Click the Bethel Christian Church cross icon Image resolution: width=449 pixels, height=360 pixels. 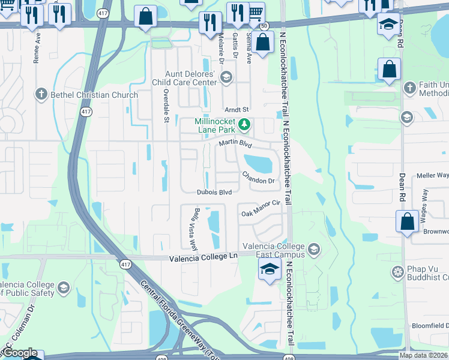click(x=41, y=94)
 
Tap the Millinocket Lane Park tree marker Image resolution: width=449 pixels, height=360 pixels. click(x=244, y=125)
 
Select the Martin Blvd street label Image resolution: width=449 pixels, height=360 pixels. click(x=235, y=143)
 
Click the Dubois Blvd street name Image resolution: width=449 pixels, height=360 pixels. click(x=214, y=193)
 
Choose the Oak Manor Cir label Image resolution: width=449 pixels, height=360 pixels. click(x=261, y=210)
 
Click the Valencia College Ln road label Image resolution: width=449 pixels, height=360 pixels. click(x=203, y=257)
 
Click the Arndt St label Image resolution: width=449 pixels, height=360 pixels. click(x=237, y=110)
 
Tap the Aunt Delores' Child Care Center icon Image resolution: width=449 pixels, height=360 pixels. click(x=226, y=76)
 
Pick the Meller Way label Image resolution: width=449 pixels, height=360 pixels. click(x=433, y=175)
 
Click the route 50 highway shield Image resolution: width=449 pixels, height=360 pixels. click(x=264, y=26)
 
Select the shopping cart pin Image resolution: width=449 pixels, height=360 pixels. click(x=256, y=11)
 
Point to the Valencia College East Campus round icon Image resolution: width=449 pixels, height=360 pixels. click(x=313, y=249)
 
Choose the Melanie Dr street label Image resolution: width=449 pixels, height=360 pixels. click(x=220, y=49)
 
